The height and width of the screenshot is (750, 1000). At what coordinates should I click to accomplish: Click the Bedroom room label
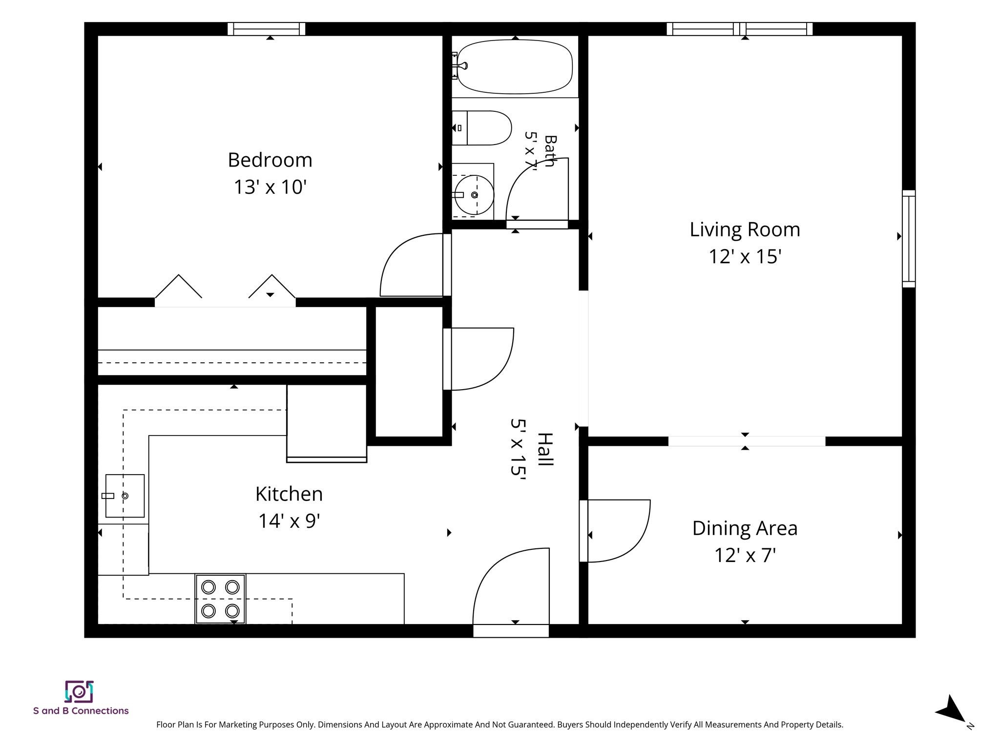click(270, 160)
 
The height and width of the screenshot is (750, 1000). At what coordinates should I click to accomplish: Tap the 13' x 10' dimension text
click(270, 187)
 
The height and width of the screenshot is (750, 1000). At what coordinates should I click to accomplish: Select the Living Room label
click(745, 229)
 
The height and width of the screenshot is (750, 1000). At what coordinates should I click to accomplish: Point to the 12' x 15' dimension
click(745, 256)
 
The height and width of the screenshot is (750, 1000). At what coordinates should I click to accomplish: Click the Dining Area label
click(745, 528)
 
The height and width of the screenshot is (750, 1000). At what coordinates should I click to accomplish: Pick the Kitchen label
click(289, 494)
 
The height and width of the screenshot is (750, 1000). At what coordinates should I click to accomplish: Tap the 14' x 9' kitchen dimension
click(289, 521)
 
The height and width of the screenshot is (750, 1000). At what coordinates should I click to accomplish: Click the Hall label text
click(545, 449)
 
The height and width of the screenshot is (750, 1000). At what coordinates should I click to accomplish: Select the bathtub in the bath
click(515, 66)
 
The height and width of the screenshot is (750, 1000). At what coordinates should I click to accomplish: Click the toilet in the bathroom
click(481, 128)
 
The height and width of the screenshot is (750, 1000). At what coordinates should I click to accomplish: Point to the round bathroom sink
click(474, 195)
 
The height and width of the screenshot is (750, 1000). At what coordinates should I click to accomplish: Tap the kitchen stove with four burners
click(220, 599)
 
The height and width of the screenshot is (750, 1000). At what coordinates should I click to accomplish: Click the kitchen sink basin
click(125, 496)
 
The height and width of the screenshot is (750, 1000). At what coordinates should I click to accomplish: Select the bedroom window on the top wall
click(267, 29)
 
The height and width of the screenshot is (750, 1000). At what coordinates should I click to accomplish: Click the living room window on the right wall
click(909, 239)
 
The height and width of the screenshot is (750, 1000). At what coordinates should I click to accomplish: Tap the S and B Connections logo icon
click(80, 691)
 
